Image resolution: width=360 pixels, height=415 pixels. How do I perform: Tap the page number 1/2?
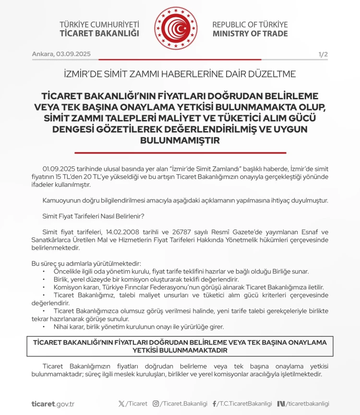tap(323, 54)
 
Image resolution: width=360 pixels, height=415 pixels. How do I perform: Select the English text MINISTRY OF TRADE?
tap(250, 34)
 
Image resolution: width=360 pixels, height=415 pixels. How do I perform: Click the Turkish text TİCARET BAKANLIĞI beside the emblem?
tap(99, 34)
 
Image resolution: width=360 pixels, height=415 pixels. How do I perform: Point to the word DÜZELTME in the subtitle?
tap(273, 74)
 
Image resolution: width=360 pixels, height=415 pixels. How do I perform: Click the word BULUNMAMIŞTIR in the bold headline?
tap(180, 140)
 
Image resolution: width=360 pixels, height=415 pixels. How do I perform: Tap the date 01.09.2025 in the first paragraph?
tap(59, 168)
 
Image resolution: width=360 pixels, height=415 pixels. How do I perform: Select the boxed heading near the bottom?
tap(180, 346)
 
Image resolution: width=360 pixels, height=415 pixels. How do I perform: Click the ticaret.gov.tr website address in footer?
tap(53, 404)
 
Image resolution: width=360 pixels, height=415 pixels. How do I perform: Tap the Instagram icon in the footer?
tap(156, 404)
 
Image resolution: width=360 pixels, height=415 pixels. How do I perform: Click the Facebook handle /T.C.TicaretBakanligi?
tap(245, 404)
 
